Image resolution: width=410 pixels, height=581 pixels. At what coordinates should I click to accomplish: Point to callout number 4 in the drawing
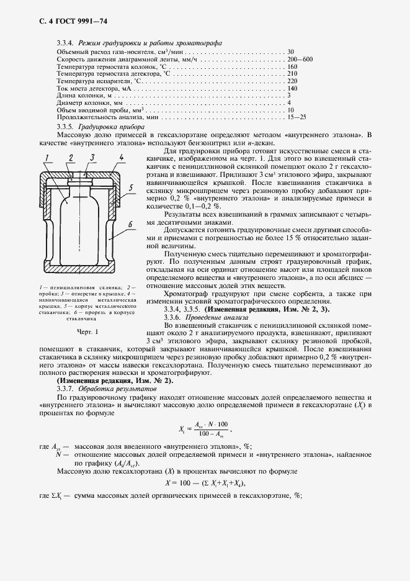122,158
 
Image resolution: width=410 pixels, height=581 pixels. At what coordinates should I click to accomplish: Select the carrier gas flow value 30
291,51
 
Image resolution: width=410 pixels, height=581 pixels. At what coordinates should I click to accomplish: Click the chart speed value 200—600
300,58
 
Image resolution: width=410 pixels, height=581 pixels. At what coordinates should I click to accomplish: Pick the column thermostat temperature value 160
293,66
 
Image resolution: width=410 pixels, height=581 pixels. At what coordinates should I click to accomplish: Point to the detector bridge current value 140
293,88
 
